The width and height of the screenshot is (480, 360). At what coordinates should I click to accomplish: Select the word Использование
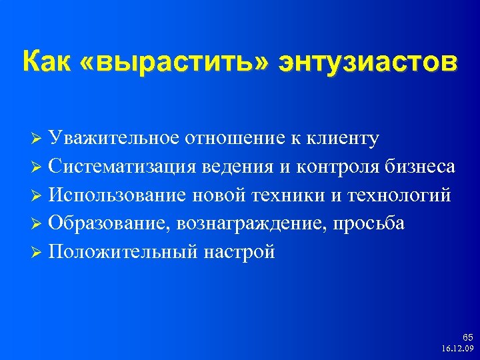119,195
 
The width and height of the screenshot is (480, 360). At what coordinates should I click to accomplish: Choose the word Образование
111,224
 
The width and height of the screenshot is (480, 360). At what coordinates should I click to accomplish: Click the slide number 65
467,338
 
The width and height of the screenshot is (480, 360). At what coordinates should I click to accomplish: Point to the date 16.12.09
458,349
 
